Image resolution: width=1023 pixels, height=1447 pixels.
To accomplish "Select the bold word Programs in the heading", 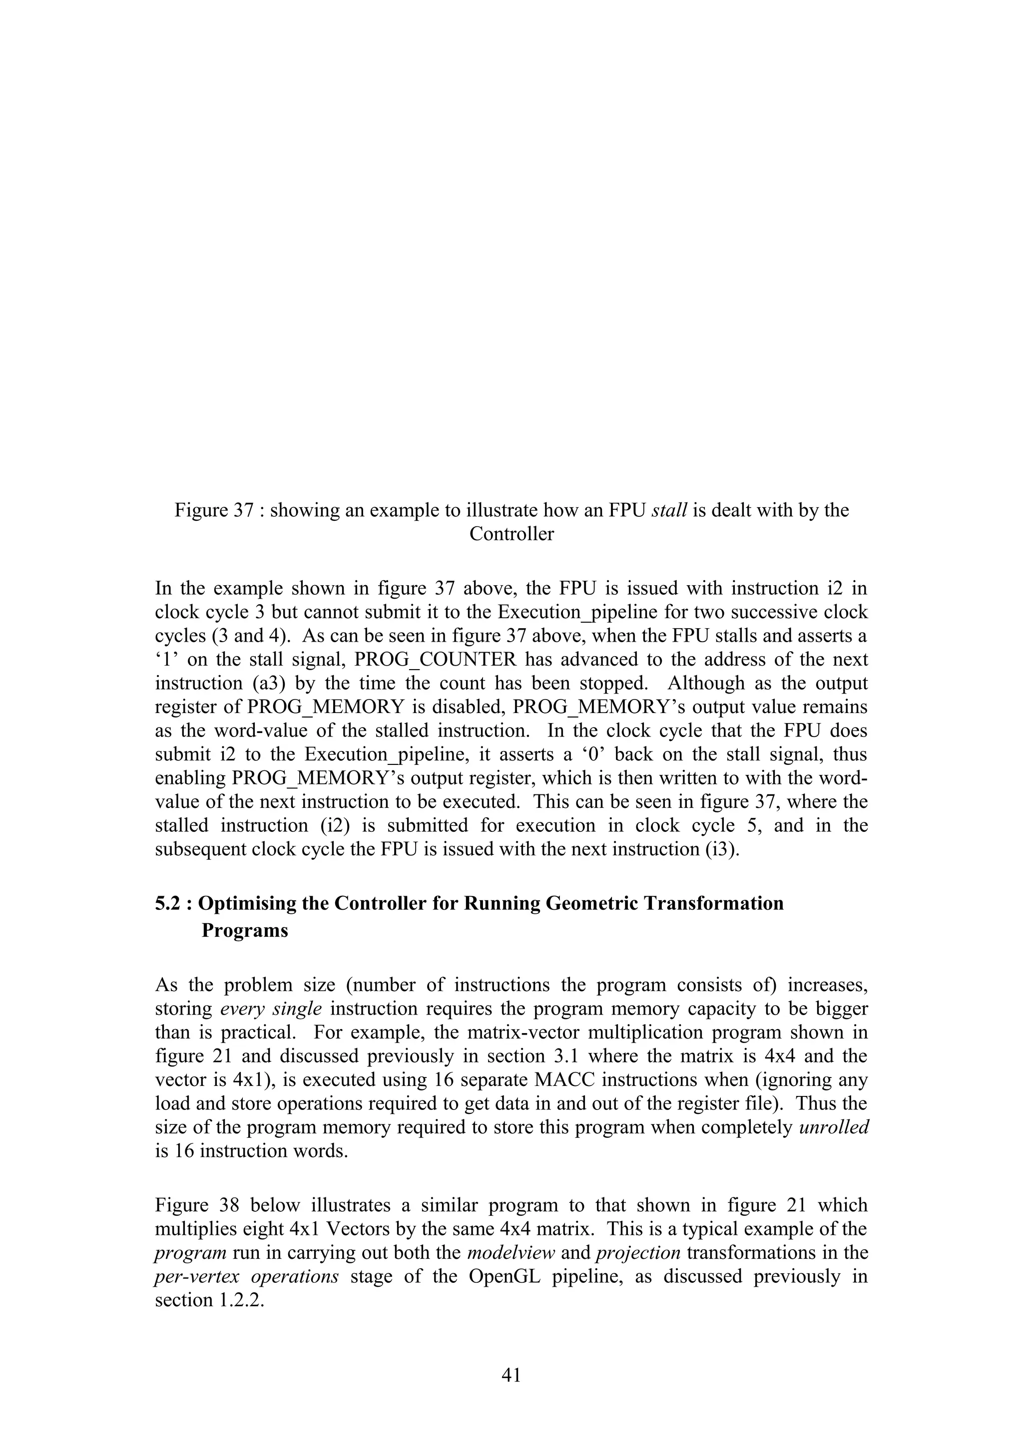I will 245,931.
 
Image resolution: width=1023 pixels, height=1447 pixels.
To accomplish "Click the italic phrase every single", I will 271,1009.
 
